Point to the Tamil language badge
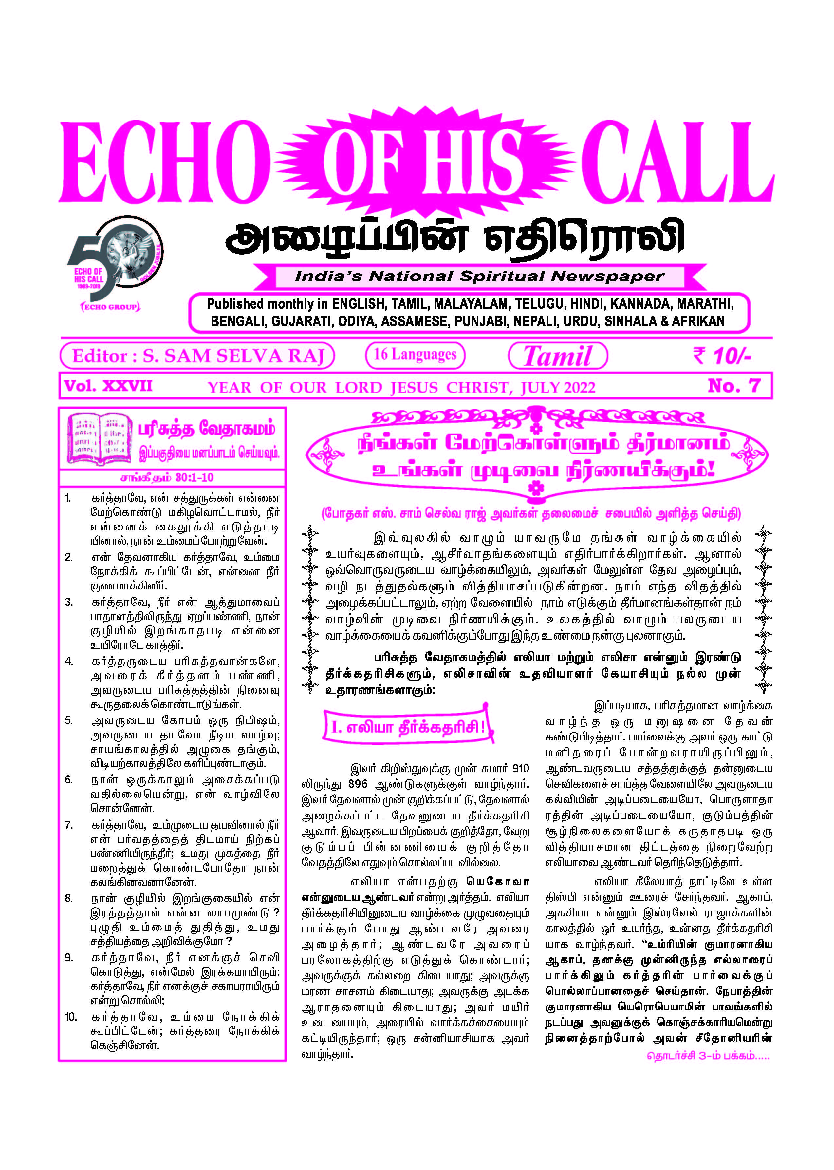click(558, 355)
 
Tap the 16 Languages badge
click(415, 355)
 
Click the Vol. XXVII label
click(108, 386)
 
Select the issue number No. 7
click(733, 385)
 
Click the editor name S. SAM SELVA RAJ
click(234, 355)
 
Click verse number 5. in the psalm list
click(69, 720)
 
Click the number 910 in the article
click(520, 769)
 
